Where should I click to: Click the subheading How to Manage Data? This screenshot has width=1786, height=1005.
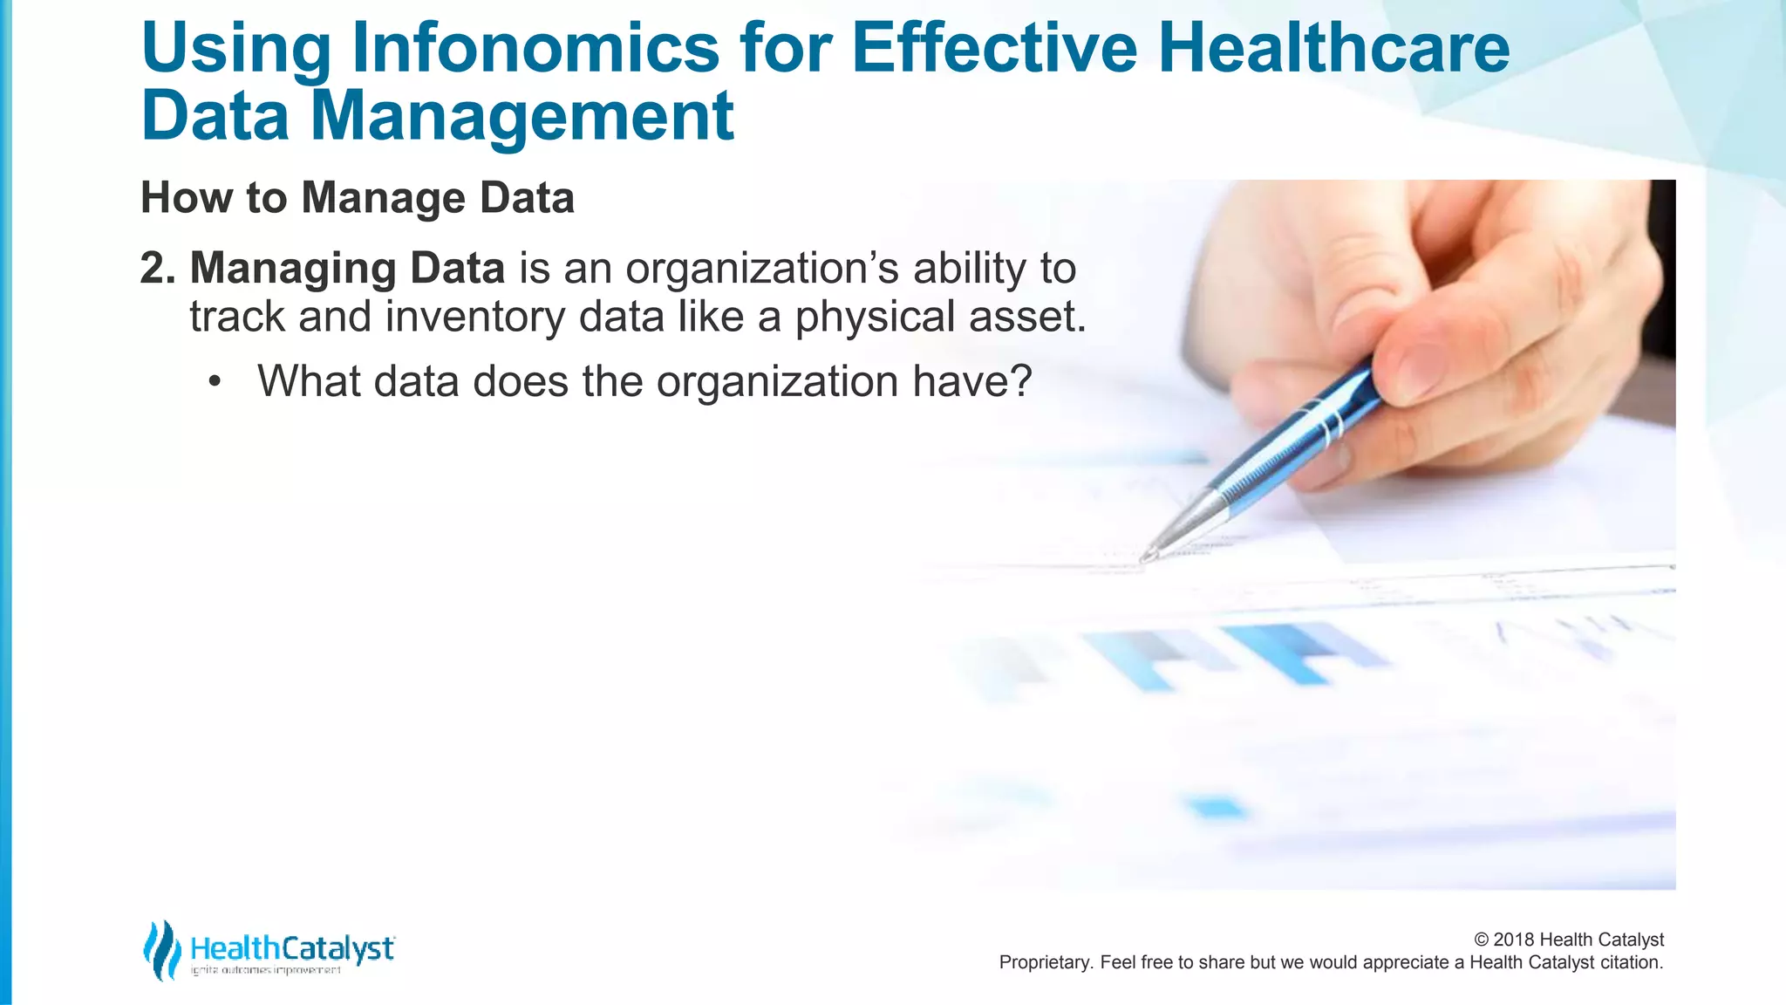pyautogui.click(x=358, y=198)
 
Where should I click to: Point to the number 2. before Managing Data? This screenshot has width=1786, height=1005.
pyautogui.click(x=158, y=269)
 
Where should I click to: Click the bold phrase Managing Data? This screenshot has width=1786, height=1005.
pyautogui.click(x=347, y=269)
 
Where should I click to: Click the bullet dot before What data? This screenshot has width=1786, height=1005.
pyautogui.click(x=215, y=382)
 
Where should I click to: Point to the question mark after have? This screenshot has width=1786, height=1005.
pyautogui.click(x=1021, y=381)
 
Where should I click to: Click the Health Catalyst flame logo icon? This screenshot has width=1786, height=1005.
pyautogui.click(x=161, y=950)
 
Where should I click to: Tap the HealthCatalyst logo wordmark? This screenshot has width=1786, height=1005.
pyautogui.click(x=292, y=948)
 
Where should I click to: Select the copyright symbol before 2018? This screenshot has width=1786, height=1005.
pyautogui.click(x=1481, y=940)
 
